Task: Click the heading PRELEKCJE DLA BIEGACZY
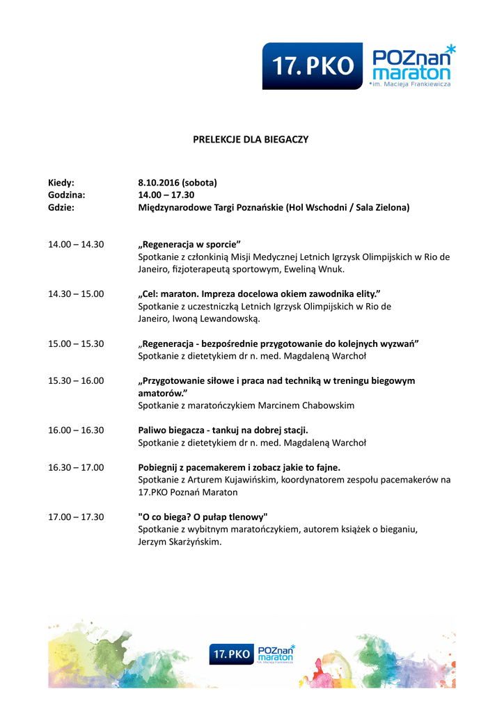click(251, 140)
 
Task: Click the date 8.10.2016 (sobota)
click(178, 183)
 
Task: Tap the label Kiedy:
click(61, 183)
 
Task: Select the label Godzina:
click(66, 195)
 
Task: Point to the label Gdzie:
click(61, 208)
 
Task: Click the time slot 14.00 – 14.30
click(76, 244)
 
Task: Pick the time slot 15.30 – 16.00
click(76, 380)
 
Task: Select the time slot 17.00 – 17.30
click(76, 517)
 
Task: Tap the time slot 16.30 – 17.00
click(76, 467)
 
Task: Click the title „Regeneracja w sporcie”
click(189, 244)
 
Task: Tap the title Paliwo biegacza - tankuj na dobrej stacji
click(223, 430)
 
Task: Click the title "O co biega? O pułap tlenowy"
click(203, 517)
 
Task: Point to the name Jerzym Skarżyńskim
click(180, 542)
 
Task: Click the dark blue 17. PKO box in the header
click(313, 66)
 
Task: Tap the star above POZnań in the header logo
click(450, 49)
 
